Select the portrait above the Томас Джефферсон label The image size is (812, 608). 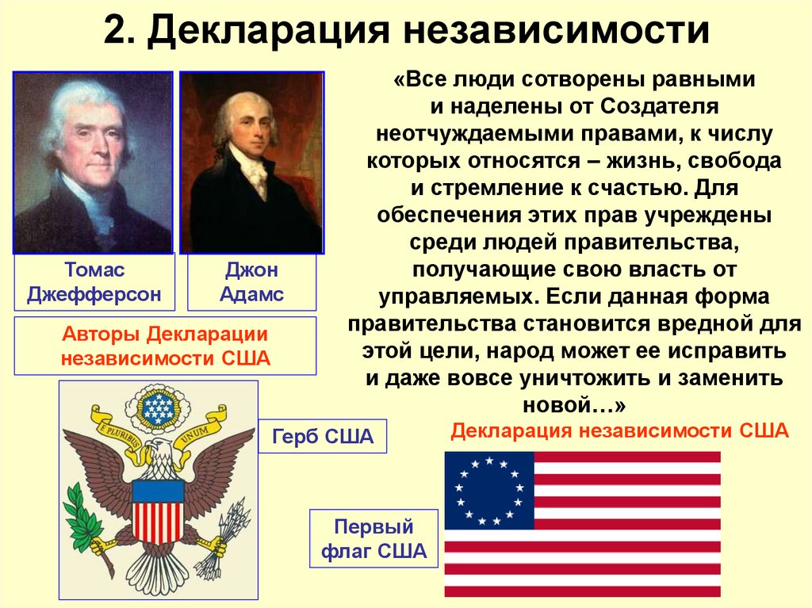pyautogui.click(x=94, y=162)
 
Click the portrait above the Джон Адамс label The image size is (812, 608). pyautogui.click(x=251, y=162)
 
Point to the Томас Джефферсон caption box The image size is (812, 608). pyautogui.click(x=94, y=282)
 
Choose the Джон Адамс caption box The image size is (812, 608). pyautogui.click(x=251, y=282)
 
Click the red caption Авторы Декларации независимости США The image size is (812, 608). pyautogui.click(x=166, y=346)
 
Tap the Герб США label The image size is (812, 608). pyautogui.click(x=323, y=437)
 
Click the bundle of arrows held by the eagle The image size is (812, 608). pyautogui.click(x=224, y=538)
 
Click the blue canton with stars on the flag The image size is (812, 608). pyautogui.click(x=489, y=490)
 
